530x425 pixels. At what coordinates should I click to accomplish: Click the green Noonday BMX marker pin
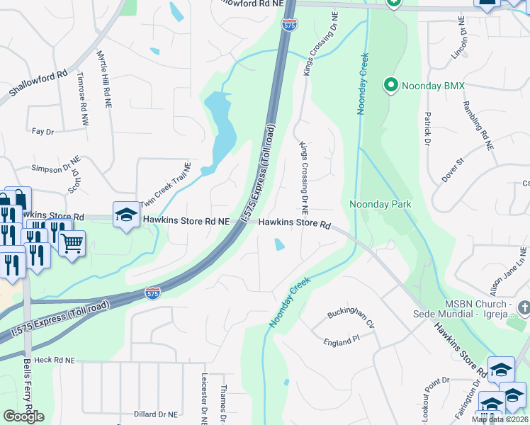pos(390,86)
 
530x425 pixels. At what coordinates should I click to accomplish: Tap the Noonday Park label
pos(380,204)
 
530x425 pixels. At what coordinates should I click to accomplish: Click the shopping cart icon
pos(72,244)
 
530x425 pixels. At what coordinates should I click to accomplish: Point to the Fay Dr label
pos(43,131)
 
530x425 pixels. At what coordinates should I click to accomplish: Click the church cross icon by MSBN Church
pos(524,307)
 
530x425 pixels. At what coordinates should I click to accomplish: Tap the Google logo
pos(24,416)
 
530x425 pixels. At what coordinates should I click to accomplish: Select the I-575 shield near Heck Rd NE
pos(152,292)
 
